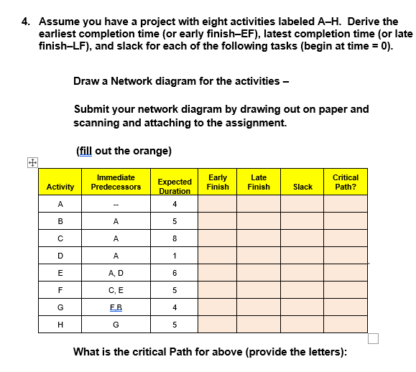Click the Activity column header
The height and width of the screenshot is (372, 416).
click(x=60, y=187)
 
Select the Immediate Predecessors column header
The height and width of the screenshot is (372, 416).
click(x=116, y=182)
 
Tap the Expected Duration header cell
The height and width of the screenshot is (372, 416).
click(x=175, y=187)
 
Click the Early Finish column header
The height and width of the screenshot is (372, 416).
click(x=218, y=182)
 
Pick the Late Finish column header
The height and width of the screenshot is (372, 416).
click(x=259, y=182)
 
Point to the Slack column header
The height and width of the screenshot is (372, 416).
click(x=302, y=187)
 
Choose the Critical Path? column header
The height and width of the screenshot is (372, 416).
click(x=346, y=182)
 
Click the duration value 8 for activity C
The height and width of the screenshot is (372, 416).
click(x=175, y=238)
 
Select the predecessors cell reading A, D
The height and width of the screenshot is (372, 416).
click(x=116, y=272)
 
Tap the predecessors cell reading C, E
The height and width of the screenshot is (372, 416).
click(x=116, y=289)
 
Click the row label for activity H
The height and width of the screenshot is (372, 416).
click(x=60, y=324)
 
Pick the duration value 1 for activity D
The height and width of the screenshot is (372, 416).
click(x=175, y=255)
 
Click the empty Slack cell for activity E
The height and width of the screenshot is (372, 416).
click(x=302, y=272)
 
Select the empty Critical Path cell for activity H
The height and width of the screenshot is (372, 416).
click(x=346, y=324)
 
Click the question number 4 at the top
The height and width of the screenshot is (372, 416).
click(x=26, y=22)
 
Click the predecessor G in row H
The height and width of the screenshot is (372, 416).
click(x=116, y=324)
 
